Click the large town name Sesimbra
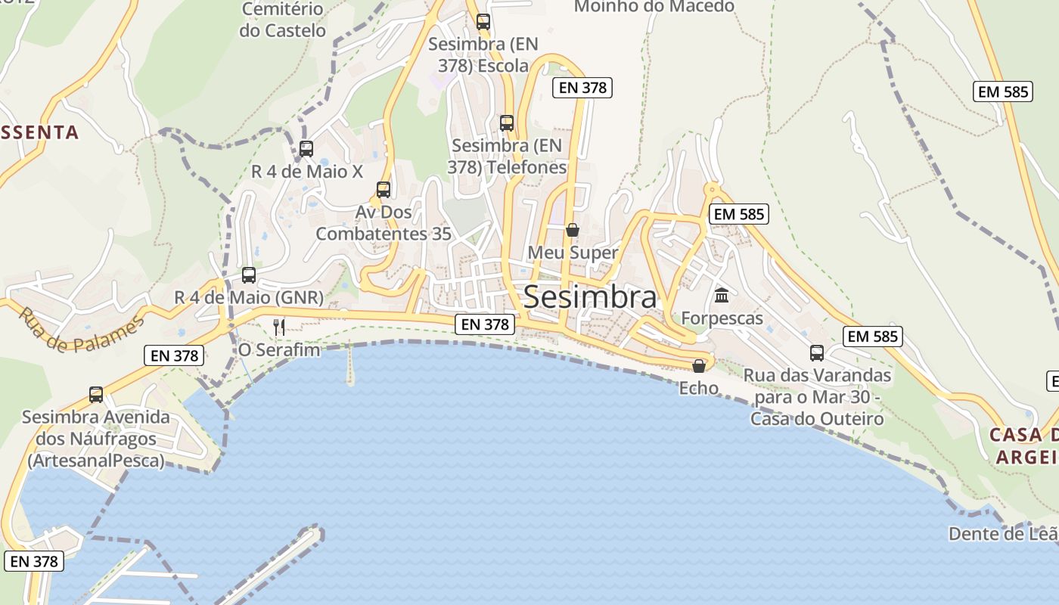click(x=590, y=296)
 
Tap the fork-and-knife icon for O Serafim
click(x=279, y=327)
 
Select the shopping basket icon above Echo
click(x=699, y=366)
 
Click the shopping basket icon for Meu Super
click(x=573, y=230)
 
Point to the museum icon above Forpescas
click(x=722, y=295)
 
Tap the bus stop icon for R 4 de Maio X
click(x=306, y=149)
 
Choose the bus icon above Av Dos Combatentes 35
click(x=384, y=190)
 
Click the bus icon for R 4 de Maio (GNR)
click(x=249, y=275)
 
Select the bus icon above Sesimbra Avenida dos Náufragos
click(x=96, y=395)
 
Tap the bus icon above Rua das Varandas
click(x=817, y=353)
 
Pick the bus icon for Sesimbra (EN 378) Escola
click(x=483, y=22)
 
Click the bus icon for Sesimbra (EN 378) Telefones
click(x=507, y=123)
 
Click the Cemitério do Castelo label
click(x=282, y=20)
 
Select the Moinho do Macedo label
click(x=654, y=7)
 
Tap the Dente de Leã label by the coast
click(x=1003, y=534)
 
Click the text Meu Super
click(x=573, y=253)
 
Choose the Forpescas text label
click(x=722, y=318)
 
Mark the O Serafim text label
click(x=279, y=350)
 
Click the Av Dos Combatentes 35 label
click(x=384, y=223)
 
